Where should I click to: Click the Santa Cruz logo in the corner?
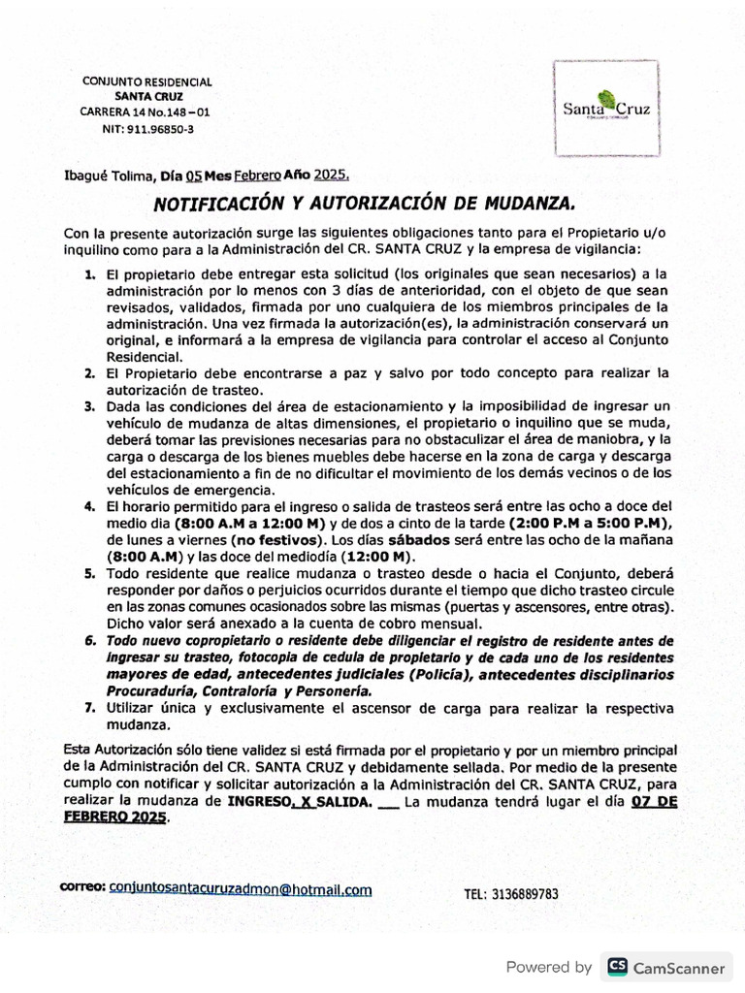tap(606, 107)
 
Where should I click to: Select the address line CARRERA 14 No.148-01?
tap(145, 112)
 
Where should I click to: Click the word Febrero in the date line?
tap(257, 176)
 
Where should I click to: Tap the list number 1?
tap(89, 275)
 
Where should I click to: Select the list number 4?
tap(89, 506)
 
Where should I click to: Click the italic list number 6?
tap(89, 642)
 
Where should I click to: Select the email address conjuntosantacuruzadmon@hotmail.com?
tap(242, 888)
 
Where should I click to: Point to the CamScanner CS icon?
tap(616, 967)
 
